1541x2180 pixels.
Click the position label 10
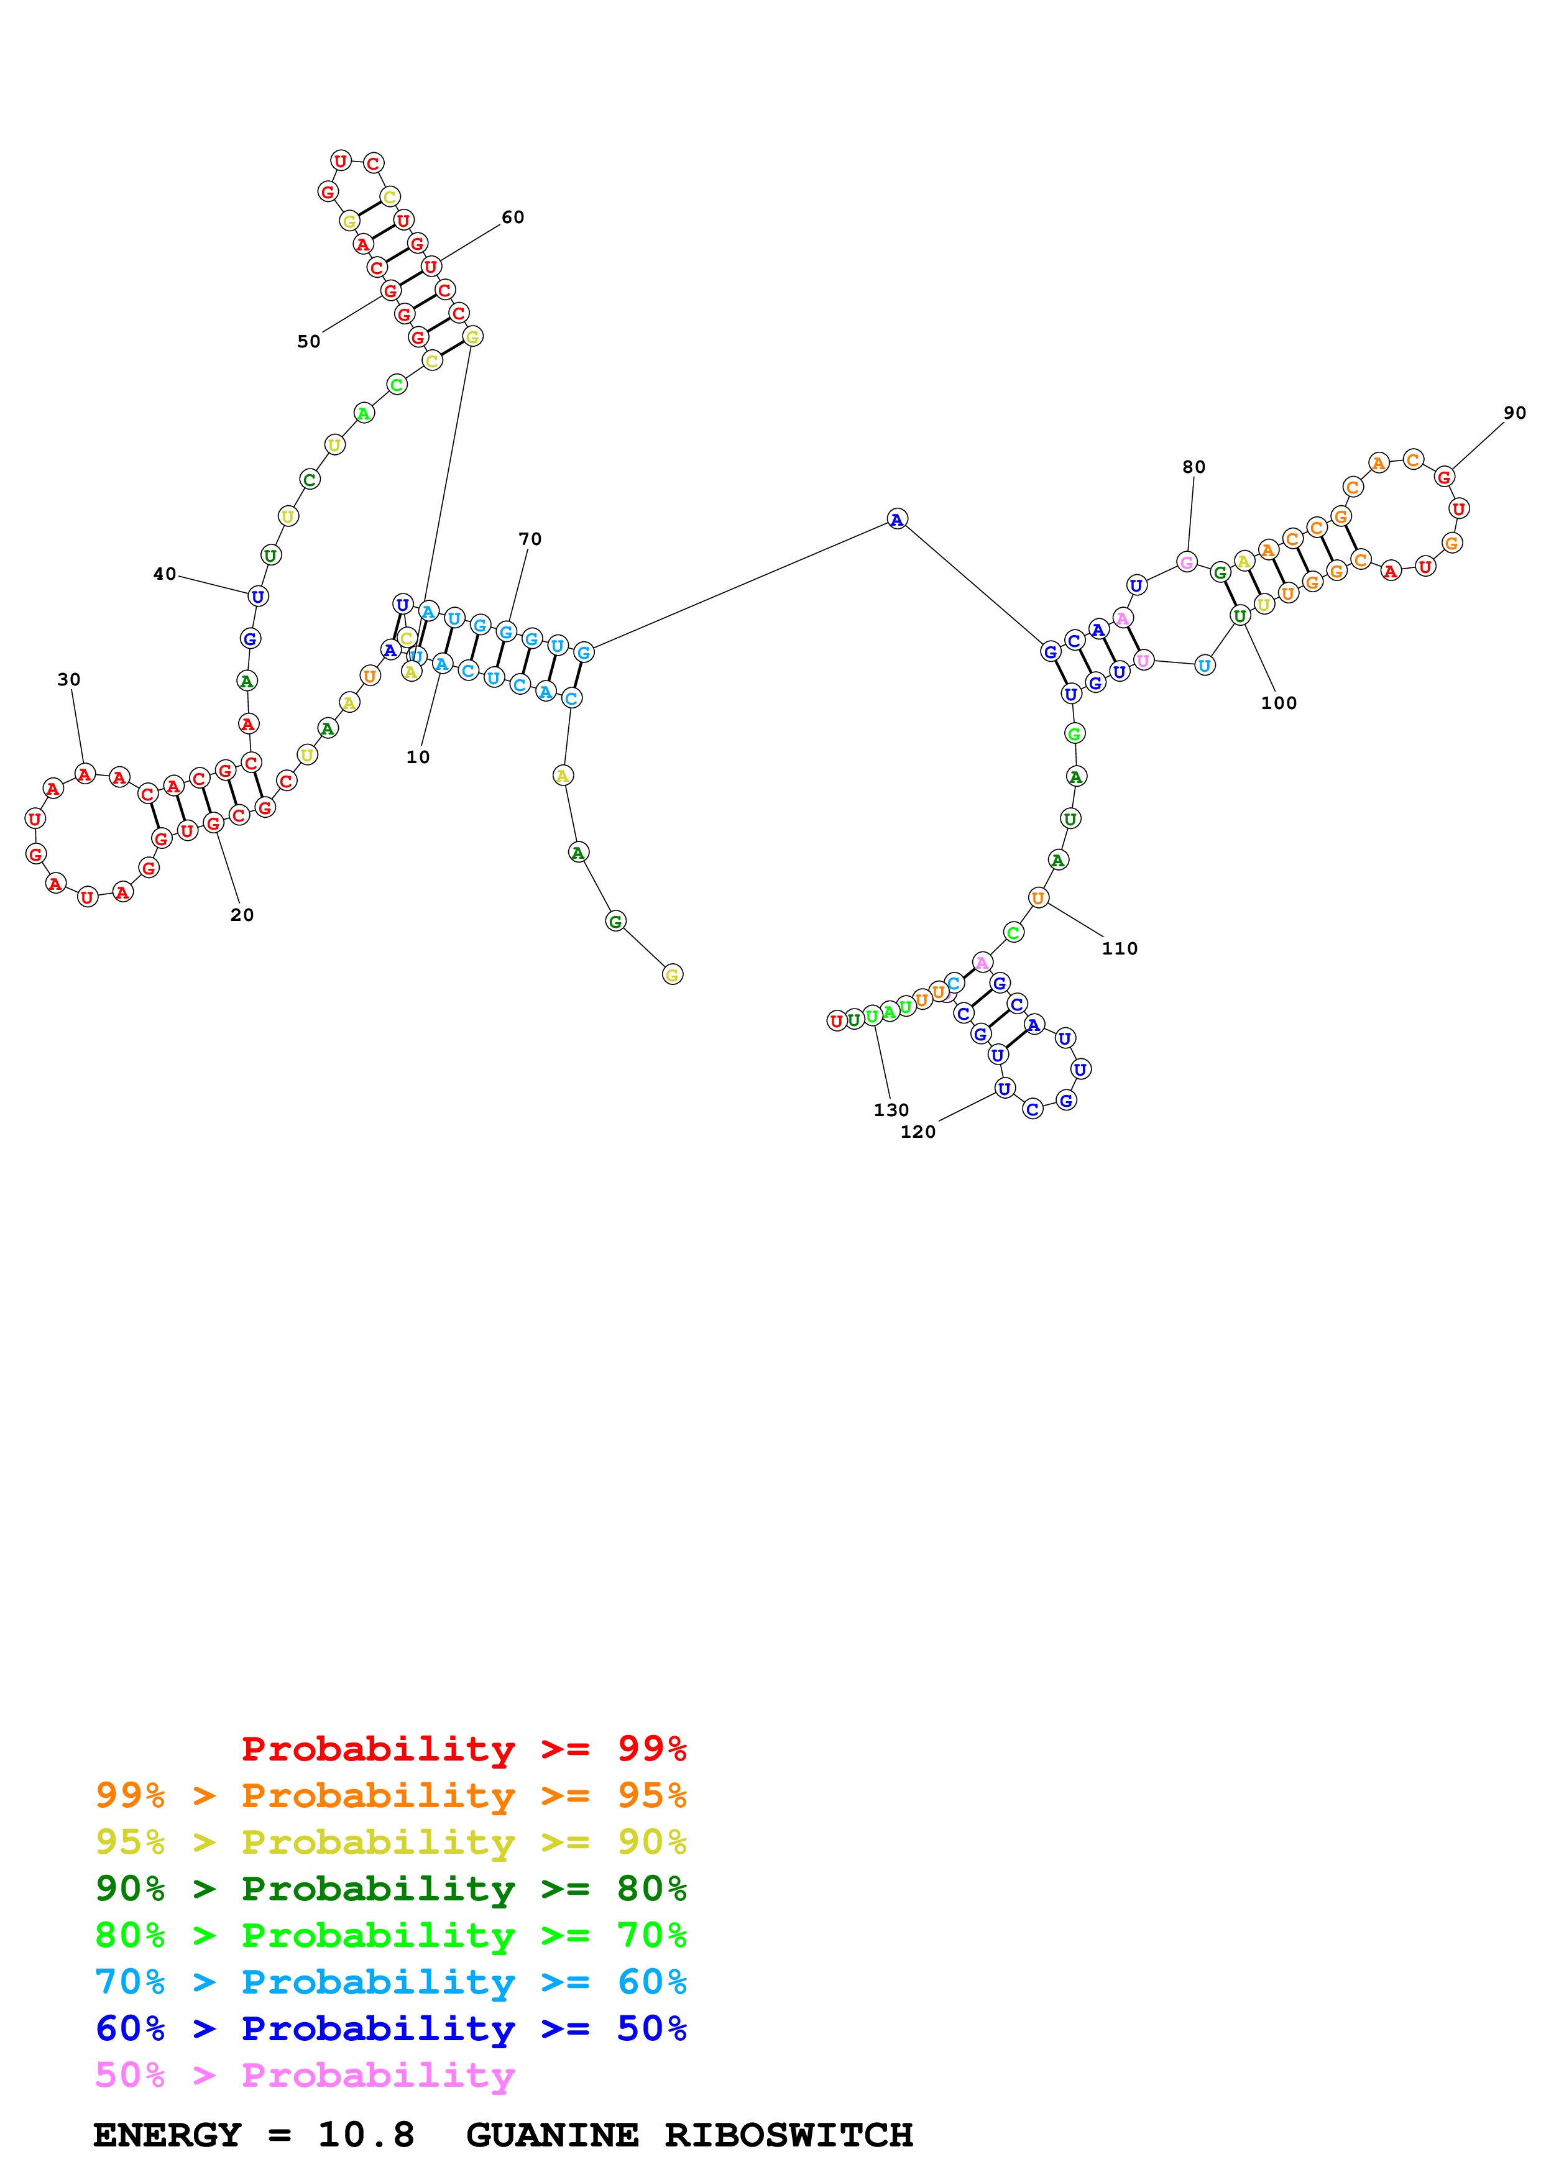pos(418,757)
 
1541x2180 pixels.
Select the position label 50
pos(308,341)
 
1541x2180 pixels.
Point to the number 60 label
pos(513,218)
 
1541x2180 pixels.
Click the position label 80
pos(1194,467)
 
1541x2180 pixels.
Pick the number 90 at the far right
pos(1514,413)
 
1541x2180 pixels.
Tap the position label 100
pos(1278,703)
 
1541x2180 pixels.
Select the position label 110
pos(1120,948)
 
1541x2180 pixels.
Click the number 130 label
pos(891,1109)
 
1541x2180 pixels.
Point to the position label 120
pos(917,1131)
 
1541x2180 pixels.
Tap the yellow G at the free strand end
pos(672,974)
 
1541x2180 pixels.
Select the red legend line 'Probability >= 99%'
pos(463,1748)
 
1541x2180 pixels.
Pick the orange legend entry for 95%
pos(391,1795)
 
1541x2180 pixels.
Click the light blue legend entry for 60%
pos(391,1982)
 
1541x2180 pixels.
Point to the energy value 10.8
pos(366,2135)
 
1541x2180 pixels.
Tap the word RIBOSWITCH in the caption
pos(788,2135)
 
